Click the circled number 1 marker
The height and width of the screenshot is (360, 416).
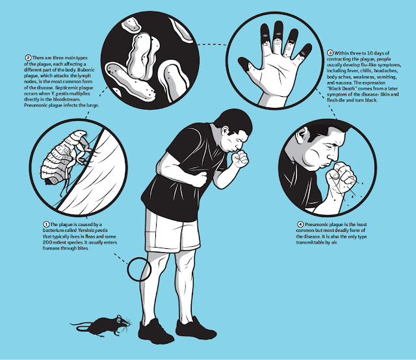[x=46, y=224]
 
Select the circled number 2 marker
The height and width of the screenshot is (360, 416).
[x=28, y=58]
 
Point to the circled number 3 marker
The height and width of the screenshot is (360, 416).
[x=330, y=53]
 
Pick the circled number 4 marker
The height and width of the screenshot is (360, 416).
[x=300, y=224]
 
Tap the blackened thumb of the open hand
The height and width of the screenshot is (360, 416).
[x=246, y=64]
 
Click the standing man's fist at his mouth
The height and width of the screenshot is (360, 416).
[x=240, y=159]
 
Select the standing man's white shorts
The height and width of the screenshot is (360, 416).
[x=172, y=231]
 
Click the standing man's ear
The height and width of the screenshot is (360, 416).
[x=225, y=131]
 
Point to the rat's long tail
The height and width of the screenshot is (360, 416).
[x=82, y=326]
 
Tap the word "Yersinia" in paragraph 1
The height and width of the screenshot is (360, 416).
[x=86, y=230]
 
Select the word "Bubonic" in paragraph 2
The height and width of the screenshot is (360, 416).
[x=86, y=70]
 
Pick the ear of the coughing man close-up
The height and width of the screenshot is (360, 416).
[x=302, y=135]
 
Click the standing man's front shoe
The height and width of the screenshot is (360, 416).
[x=196, y=328]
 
